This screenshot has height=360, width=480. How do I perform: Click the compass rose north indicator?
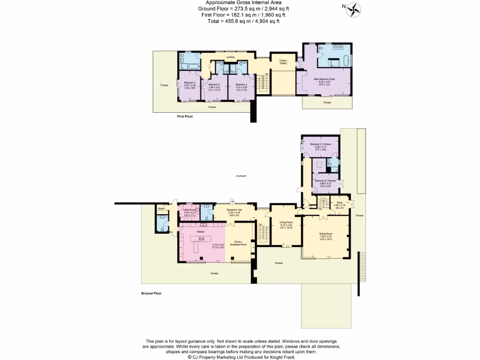(354, 9)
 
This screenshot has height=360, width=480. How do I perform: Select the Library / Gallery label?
(284, 62)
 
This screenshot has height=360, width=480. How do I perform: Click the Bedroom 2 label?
(190, 82)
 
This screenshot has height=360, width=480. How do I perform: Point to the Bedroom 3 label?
(214, 84)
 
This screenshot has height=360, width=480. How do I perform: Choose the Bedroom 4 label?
(241, 84)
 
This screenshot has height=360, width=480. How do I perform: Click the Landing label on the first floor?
(230, 57)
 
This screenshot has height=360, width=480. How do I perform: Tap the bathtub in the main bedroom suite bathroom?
(346, 60)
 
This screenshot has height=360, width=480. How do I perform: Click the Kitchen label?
(201, 232)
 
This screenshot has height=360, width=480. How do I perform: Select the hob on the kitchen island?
(202, 239)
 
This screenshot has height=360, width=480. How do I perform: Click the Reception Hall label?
(234, 210)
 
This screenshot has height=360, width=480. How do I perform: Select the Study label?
(340, 202)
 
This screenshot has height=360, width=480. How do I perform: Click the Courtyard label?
(241, 176)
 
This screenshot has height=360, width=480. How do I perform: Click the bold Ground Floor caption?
(151, 293)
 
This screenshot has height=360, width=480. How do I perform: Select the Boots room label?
(161, 208)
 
